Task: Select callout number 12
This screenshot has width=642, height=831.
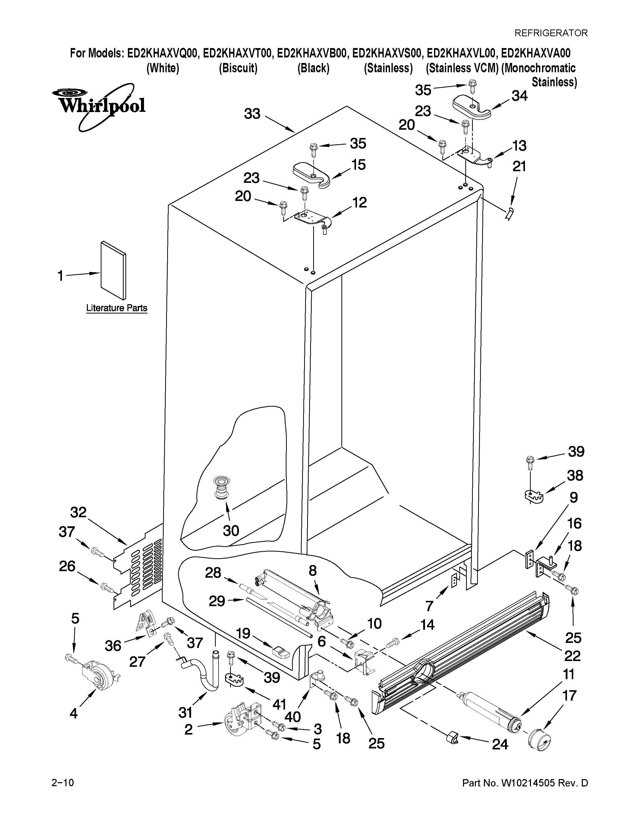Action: point(359,202)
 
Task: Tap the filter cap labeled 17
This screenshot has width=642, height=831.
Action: point(540,739)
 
